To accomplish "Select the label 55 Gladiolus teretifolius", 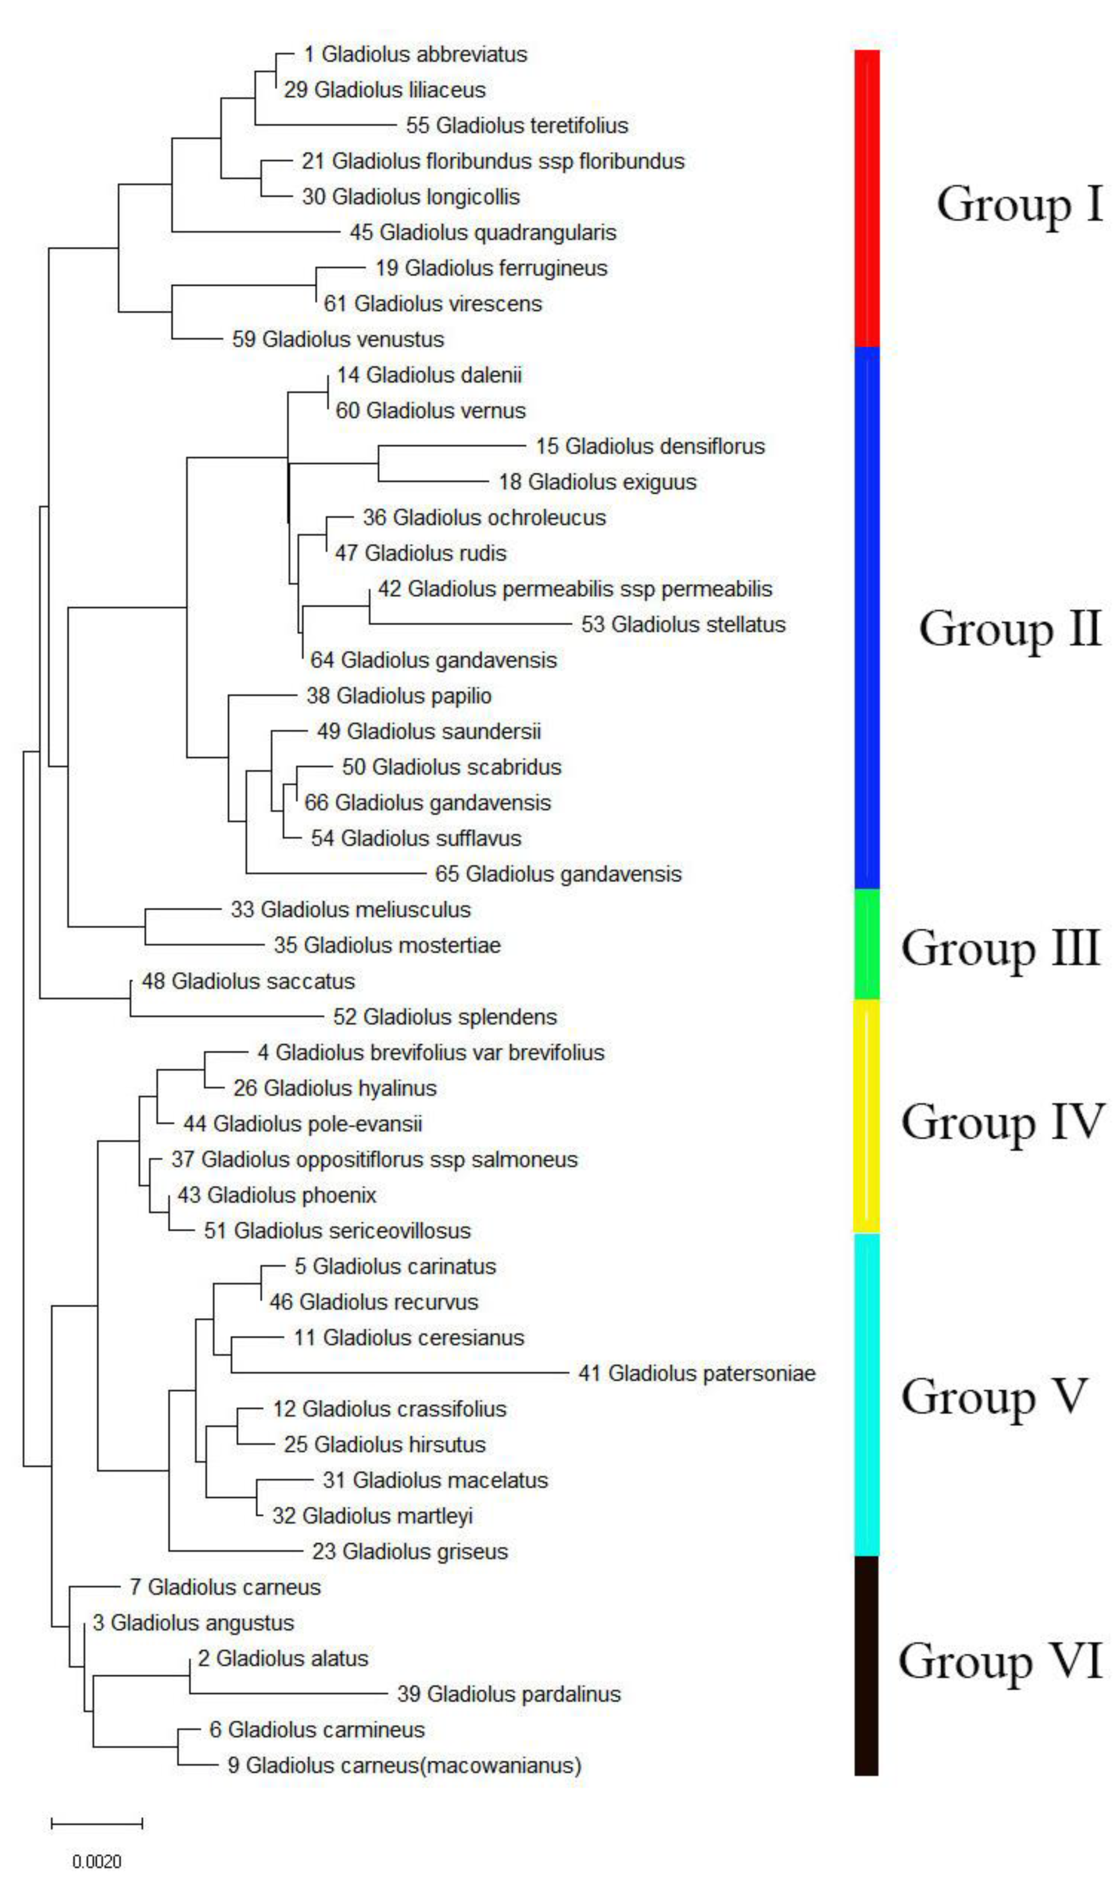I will click(x=517, y=125).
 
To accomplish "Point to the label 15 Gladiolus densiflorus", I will click(x=650, y=446).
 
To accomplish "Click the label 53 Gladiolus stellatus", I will click(x=683, y=624).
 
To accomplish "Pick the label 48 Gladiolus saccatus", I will click(x=248, y=981).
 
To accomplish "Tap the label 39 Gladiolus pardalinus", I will click(x=509, y=1694).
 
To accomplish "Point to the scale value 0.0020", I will click(x=97, y=1862).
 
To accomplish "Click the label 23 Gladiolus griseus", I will click(x=409, y=1551).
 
